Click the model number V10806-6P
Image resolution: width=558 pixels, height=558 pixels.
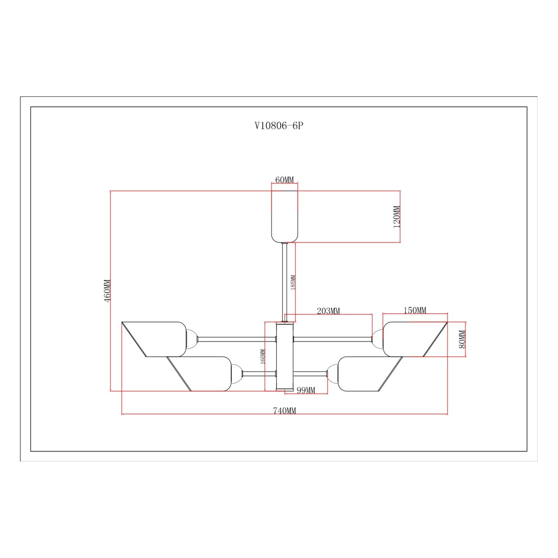[x=279, y=126]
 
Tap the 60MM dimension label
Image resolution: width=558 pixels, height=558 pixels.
[x=284, y=180]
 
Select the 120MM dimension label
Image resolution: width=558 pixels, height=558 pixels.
[x=397, y=217]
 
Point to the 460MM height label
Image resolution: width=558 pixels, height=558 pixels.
[x=107, y=291]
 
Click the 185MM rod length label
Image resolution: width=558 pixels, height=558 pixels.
[x=293, y=283]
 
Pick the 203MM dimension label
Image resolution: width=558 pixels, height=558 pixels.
[x=328, y=311]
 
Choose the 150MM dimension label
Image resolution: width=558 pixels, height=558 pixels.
[x=415, y=311]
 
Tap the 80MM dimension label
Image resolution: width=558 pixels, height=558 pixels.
[x=462, y=339]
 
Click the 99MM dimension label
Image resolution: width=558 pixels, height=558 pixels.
[x=306, y=390]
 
